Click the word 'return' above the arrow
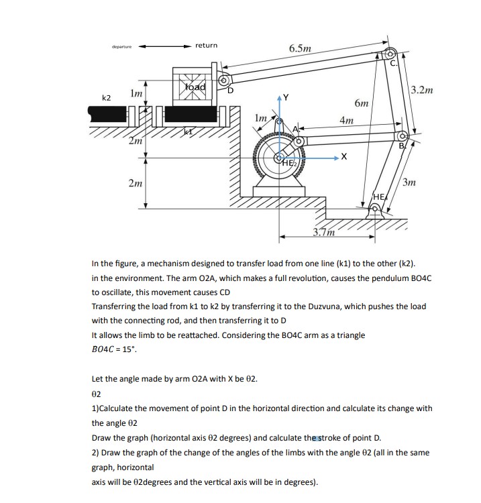coord(207,45)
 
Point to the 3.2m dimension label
coord(422,89)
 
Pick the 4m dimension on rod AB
coord(347,121)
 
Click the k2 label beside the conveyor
coord(106,98)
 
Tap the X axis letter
coord(343,157)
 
